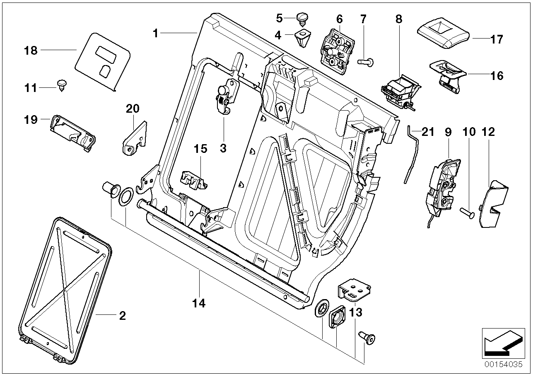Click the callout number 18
click(x=31, y=51)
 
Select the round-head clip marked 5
click(x=302, y=18)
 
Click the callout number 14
click(x=199, y=304)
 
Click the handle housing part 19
click(x=71, y=131)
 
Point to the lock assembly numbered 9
click(x=441, y=186)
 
